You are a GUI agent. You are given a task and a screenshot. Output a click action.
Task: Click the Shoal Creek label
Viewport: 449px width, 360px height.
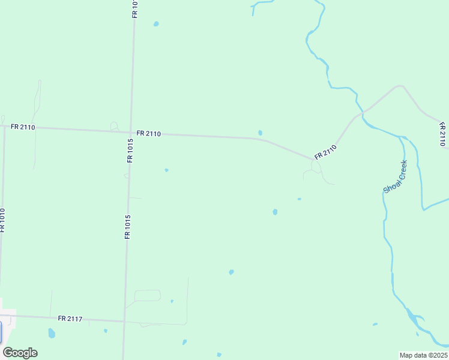[396, 176]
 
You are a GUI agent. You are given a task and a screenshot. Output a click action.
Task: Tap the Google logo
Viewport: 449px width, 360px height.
[20, 353]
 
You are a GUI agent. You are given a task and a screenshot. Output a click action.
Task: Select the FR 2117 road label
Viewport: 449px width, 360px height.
[70, 319]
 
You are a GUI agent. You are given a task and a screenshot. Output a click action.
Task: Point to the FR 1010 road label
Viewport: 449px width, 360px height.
[3, 221]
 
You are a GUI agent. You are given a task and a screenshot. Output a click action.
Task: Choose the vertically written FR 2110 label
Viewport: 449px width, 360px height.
[442, 134]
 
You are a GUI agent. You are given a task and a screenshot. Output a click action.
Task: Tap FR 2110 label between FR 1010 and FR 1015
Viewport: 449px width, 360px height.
[23, 127]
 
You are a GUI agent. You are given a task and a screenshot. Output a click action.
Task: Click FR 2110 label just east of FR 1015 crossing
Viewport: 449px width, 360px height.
[148, 133]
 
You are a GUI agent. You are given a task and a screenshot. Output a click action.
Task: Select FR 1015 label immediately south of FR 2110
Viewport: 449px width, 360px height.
[130, 151]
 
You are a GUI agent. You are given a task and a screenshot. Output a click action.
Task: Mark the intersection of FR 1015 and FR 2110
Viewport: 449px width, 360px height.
[131, 132]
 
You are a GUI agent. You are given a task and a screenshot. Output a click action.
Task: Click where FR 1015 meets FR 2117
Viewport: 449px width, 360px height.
[125, 321]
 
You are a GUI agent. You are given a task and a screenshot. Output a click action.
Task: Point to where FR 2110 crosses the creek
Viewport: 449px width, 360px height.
[363, 112]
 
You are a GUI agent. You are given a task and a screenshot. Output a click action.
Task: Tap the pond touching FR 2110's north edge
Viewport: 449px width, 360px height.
[260, 133]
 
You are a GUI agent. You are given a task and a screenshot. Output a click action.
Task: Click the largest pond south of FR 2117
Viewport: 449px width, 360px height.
[52, 333]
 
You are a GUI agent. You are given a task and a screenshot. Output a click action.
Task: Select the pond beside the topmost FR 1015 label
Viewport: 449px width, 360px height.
[156, 24]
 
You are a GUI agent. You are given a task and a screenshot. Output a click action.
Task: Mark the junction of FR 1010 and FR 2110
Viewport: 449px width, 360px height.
[4, 127]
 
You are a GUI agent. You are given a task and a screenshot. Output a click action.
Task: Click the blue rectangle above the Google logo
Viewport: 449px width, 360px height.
[1, 332]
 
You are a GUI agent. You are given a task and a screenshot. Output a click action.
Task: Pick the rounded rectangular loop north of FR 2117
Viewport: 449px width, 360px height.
[148, 295]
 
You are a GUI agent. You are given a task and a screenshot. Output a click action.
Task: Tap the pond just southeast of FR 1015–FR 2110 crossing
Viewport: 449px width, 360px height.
[166, 170]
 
